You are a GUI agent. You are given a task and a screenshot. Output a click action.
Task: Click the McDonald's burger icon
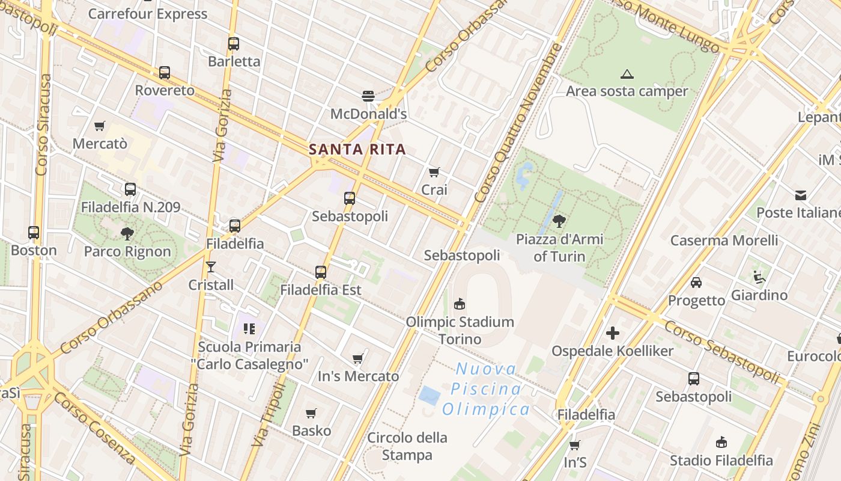pyautogui.click(x=368, y=96)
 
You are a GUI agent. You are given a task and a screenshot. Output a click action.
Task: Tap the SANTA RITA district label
pyautogui.click(x=357, y=149)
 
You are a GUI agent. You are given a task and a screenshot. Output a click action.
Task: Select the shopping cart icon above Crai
pyautogui.click(x=434, y=172)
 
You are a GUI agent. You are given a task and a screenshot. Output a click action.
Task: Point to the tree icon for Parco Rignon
pyautogui.click(x=127, y=233)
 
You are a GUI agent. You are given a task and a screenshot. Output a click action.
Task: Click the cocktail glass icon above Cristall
pyautogui.click(x=210, y=266)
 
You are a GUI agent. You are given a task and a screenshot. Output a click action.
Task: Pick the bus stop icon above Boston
pyautogui.click(x=34, y=232)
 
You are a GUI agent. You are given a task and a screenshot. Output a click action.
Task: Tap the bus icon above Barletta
pyautogui.click(x=234, y=43)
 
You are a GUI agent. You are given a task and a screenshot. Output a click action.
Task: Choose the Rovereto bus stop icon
pyautogui.click(x=165, y=73)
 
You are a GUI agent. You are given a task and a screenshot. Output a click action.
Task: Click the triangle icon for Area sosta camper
pyautogui.click(x=627, y=75)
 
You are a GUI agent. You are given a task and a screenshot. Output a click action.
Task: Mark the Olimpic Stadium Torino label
pyautogui.click(x=460, y=330)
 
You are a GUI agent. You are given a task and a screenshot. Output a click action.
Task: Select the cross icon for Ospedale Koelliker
pyautogui.click(x=613, y=333)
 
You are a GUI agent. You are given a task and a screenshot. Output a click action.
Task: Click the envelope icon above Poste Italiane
pyautogui.click(x=801, y=195)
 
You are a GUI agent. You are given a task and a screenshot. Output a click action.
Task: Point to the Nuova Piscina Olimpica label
pyautogui.click(x=486, y=389)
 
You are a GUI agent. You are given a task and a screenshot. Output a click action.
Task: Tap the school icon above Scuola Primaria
pyautogui.click(x=249, y=328)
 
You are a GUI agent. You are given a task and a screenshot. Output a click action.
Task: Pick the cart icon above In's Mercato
pyautogui.click(x=358, y=358)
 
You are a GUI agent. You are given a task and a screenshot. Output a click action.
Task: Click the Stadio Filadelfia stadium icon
pyautogui.click(x=721, y=443)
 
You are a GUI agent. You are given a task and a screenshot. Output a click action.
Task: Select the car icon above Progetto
pyautogui.click(x=696, y=282)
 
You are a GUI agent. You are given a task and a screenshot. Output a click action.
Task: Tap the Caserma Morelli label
pyautogui.click(x=724, y=240)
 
